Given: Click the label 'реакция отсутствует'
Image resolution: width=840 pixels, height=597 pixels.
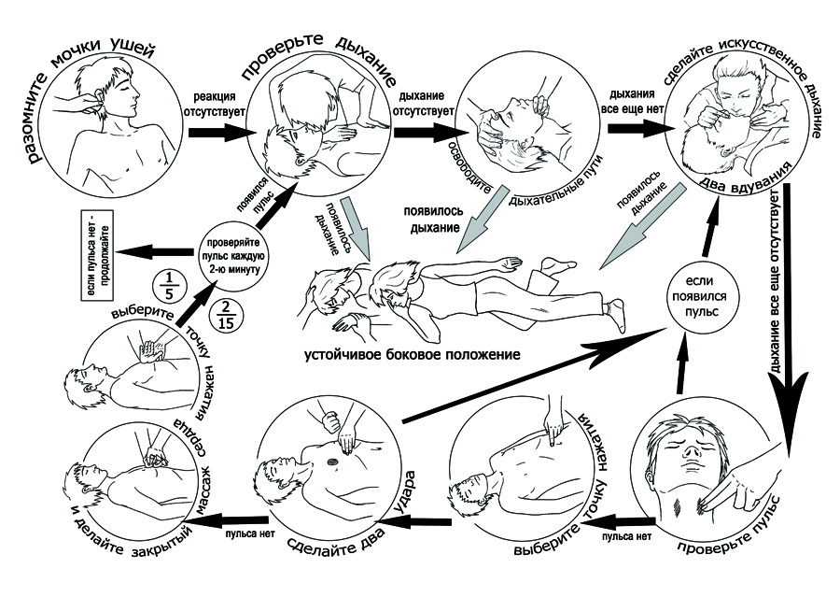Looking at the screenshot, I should click(214, 104).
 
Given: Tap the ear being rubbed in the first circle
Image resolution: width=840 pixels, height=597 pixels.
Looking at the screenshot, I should click(97, 96).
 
